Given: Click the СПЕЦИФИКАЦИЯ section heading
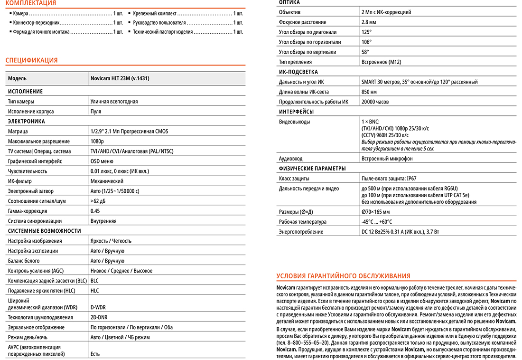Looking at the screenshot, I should (x=31, y=60).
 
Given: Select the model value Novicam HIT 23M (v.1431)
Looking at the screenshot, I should (x=123, y=78).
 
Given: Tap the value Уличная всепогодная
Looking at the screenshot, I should (x=114, y=101).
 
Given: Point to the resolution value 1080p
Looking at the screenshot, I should (x=97, y=141).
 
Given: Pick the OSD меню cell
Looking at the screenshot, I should (x=102, y=161).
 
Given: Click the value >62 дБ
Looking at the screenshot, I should (x=98, y=201).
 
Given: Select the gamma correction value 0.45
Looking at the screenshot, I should (x=95, y=211).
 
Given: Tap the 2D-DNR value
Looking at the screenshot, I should (x=99, y=317).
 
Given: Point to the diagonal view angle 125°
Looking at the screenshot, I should (x=366, y=32).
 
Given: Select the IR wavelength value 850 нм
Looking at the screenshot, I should (x=369, y=92).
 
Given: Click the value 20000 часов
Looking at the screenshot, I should (x=375, y=102).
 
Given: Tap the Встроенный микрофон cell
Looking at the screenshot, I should (x=387, y=158).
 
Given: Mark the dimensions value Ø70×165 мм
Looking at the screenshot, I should (x=375, y=212).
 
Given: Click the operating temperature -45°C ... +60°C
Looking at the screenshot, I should (x=377, y=222).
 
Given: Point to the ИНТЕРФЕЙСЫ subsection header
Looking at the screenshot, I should (x=296, y=112).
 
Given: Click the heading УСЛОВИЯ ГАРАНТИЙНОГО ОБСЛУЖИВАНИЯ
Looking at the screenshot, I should (x=343, y=276).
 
